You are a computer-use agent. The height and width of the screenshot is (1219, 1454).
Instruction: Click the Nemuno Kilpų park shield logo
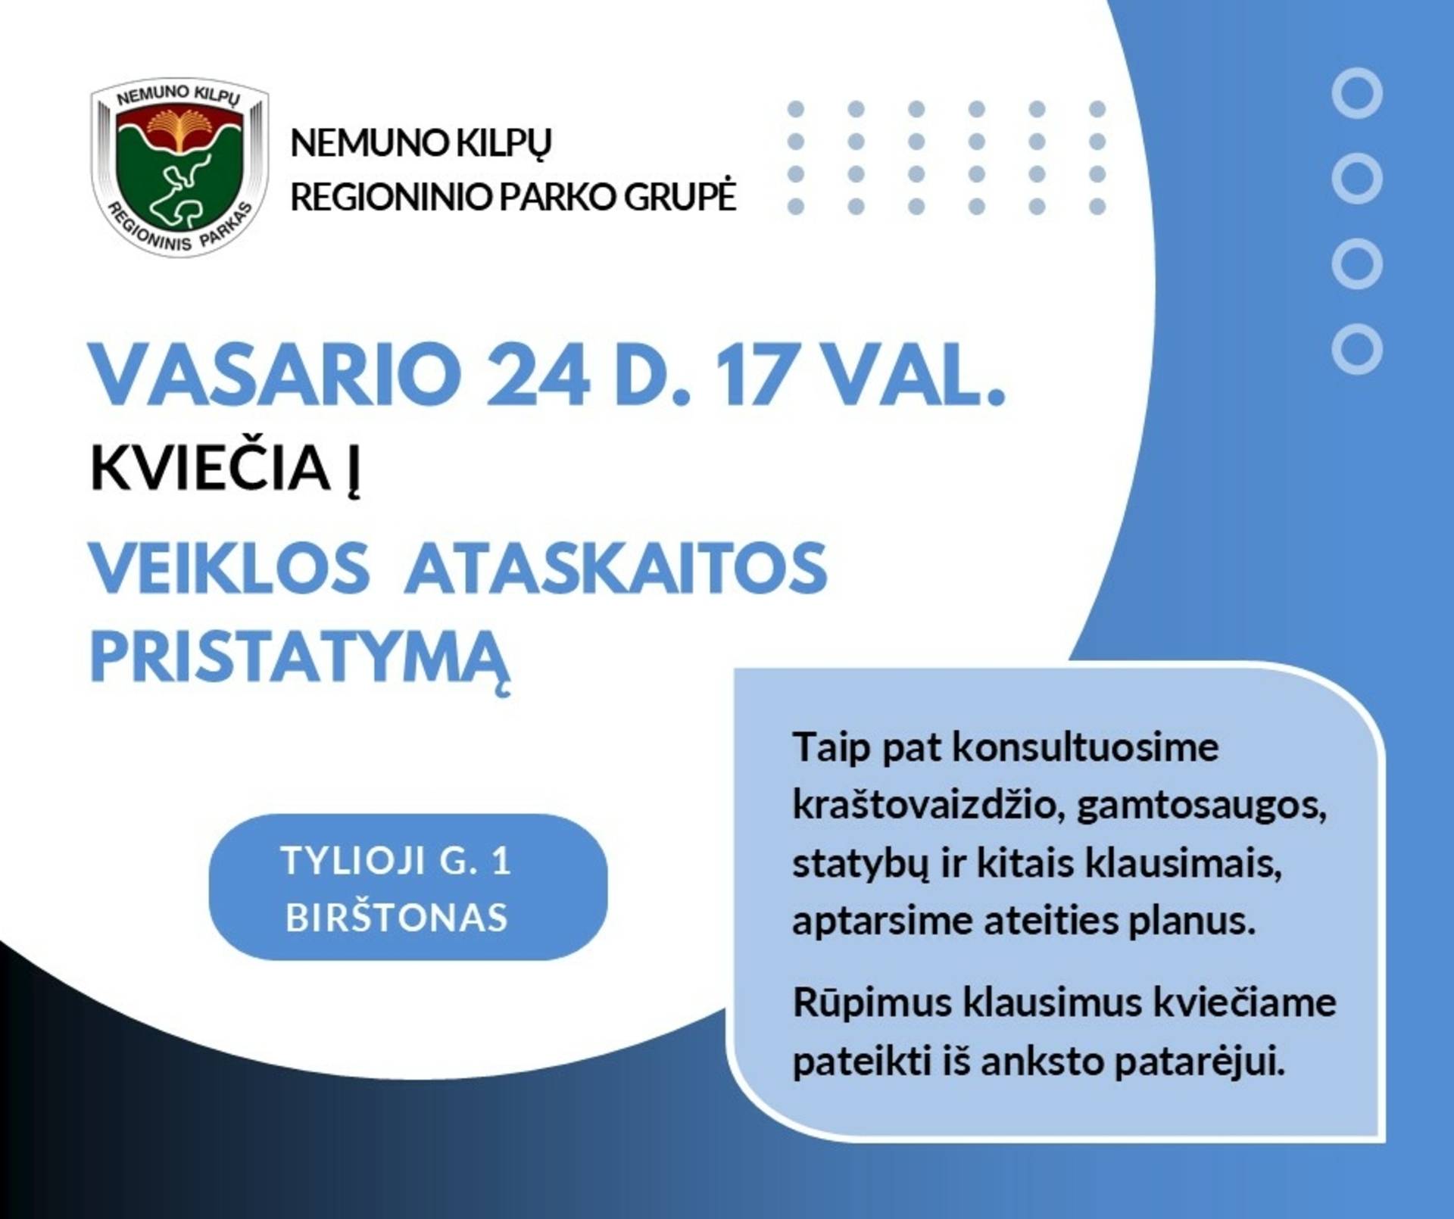(179, 167)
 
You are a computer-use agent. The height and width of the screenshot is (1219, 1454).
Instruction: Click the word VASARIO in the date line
(276, 374)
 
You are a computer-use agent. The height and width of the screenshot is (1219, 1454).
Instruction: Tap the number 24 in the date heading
(537, 374)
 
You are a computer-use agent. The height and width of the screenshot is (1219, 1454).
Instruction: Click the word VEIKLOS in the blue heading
(229, 568)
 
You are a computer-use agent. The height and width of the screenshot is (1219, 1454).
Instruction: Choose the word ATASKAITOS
(616, 568)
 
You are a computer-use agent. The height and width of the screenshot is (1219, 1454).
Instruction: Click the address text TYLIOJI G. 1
(396, 860)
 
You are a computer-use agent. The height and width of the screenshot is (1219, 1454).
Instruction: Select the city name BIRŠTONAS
(396, 918)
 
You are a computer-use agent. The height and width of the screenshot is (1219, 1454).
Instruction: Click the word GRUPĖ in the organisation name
(679, 195)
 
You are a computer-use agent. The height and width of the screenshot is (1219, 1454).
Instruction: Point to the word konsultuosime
(1085, 747)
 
